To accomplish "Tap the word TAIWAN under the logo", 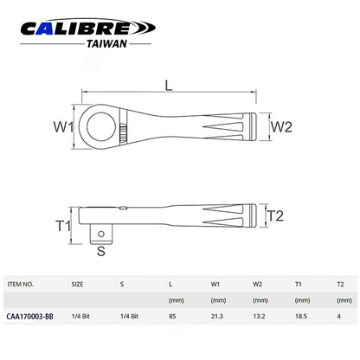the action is [106, 44].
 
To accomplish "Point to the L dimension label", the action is [169, 86].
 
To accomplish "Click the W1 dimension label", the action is [63, 126].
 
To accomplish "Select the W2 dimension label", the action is [281, 126].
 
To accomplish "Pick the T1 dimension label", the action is [63, 226].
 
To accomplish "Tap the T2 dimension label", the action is [275, 215].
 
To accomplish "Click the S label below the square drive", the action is [101, 251].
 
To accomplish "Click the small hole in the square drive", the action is [101, 234].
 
